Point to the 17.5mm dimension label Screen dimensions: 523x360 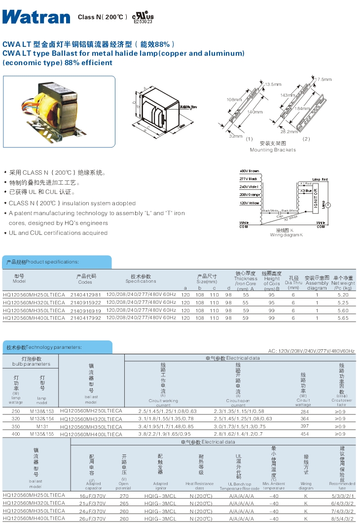tap(323, 79)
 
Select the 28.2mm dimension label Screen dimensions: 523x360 tap(289, 132)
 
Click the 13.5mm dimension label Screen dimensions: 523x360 tap(273, 84)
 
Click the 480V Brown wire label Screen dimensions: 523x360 tap(249, 171)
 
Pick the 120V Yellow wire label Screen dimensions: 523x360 tap(250, 203)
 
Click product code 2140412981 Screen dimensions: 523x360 tap(89, 295)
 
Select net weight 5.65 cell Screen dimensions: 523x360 tap(343, 318)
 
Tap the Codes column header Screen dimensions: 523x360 tap(85, 282)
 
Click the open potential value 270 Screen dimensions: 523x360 tap(124, 495)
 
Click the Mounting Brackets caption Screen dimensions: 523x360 tap(273, 149)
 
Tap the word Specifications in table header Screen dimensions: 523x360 tap(141, 281)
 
